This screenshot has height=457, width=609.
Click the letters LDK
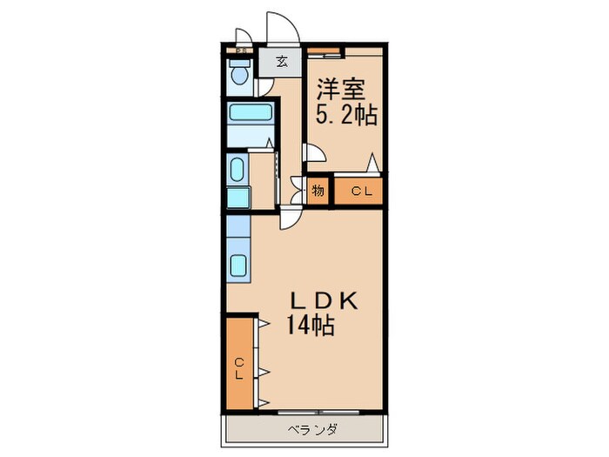pos(324,299)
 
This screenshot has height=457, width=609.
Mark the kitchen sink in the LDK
pos(238,266)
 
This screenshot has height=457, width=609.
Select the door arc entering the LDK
pos(288,218)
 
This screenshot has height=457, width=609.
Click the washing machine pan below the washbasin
pos(238,196)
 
